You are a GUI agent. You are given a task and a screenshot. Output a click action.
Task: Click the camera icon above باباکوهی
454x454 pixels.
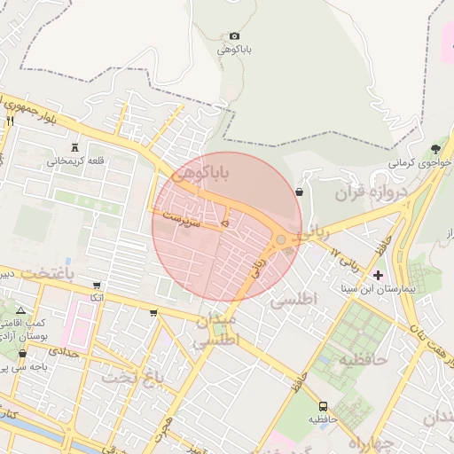(x=234, y=35)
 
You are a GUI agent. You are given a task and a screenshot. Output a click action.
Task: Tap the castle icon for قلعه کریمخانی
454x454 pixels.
(x=74, y=147)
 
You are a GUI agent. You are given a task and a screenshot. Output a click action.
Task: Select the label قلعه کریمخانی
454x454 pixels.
(x=75, y=160)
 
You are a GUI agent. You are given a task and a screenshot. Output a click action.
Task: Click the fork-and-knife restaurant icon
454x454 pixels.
(x=11, y=121)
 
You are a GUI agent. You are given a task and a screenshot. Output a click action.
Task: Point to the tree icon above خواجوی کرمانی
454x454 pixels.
(x=434, y=149)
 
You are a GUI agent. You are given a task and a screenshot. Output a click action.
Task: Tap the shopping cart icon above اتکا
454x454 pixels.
(x=96, y=286)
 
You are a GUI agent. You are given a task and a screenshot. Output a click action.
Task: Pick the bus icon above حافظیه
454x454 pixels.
(x=322, y=404)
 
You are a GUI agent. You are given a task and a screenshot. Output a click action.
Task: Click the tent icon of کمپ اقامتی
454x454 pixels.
(x=21, y=310)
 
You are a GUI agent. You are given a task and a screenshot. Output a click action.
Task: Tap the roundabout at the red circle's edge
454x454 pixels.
(x=281, y=240)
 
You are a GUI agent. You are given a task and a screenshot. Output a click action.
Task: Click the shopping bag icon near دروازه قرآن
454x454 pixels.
(x=298, y=191)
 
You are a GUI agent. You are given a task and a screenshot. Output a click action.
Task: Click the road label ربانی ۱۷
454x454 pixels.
(x=346, y=259)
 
